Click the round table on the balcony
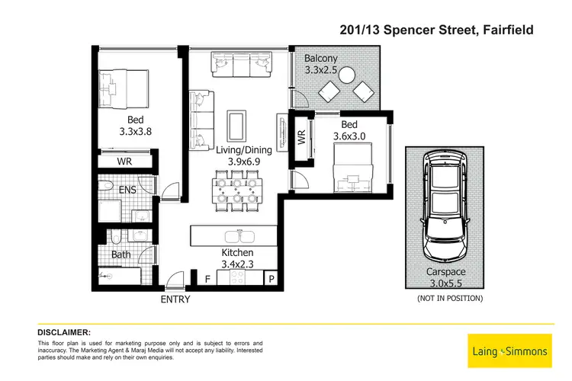tap(347, 75)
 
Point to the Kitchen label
tap(237, 252)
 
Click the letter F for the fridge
tap(207, 280)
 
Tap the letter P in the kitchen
tap(271, 280)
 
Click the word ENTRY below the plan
tap(175, 299)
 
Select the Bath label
tap(121, 255)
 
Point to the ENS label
tap(127, 189)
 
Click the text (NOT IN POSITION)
tap(450, 298)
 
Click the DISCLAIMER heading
tap(64, 332)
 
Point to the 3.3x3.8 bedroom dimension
tap(136, 130)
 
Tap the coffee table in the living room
tap(238, 124)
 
